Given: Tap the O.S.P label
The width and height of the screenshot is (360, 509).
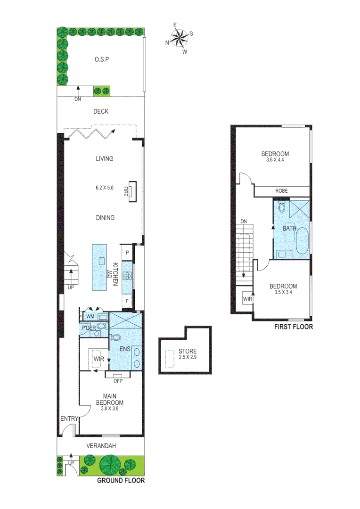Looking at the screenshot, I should [x=101, y=60].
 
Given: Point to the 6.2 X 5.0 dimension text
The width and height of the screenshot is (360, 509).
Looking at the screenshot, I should [x=104, y=188].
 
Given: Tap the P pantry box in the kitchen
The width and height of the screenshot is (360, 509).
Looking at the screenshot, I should [x=127, y=253].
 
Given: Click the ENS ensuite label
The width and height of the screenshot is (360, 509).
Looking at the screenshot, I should [x=124, y=349].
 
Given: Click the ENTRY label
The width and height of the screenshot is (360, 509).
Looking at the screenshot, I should [x=69, y=418].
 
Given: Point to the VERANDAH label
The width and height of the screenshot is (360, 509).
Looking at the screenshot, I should [x=101, y=446].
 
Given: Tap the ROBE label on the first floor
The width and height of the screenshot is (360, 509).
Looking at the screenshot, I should [x=282, y=191].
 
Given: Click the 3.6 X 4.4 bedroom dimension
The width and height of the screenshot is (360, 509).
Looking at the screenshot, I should [x=275, y=160].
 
